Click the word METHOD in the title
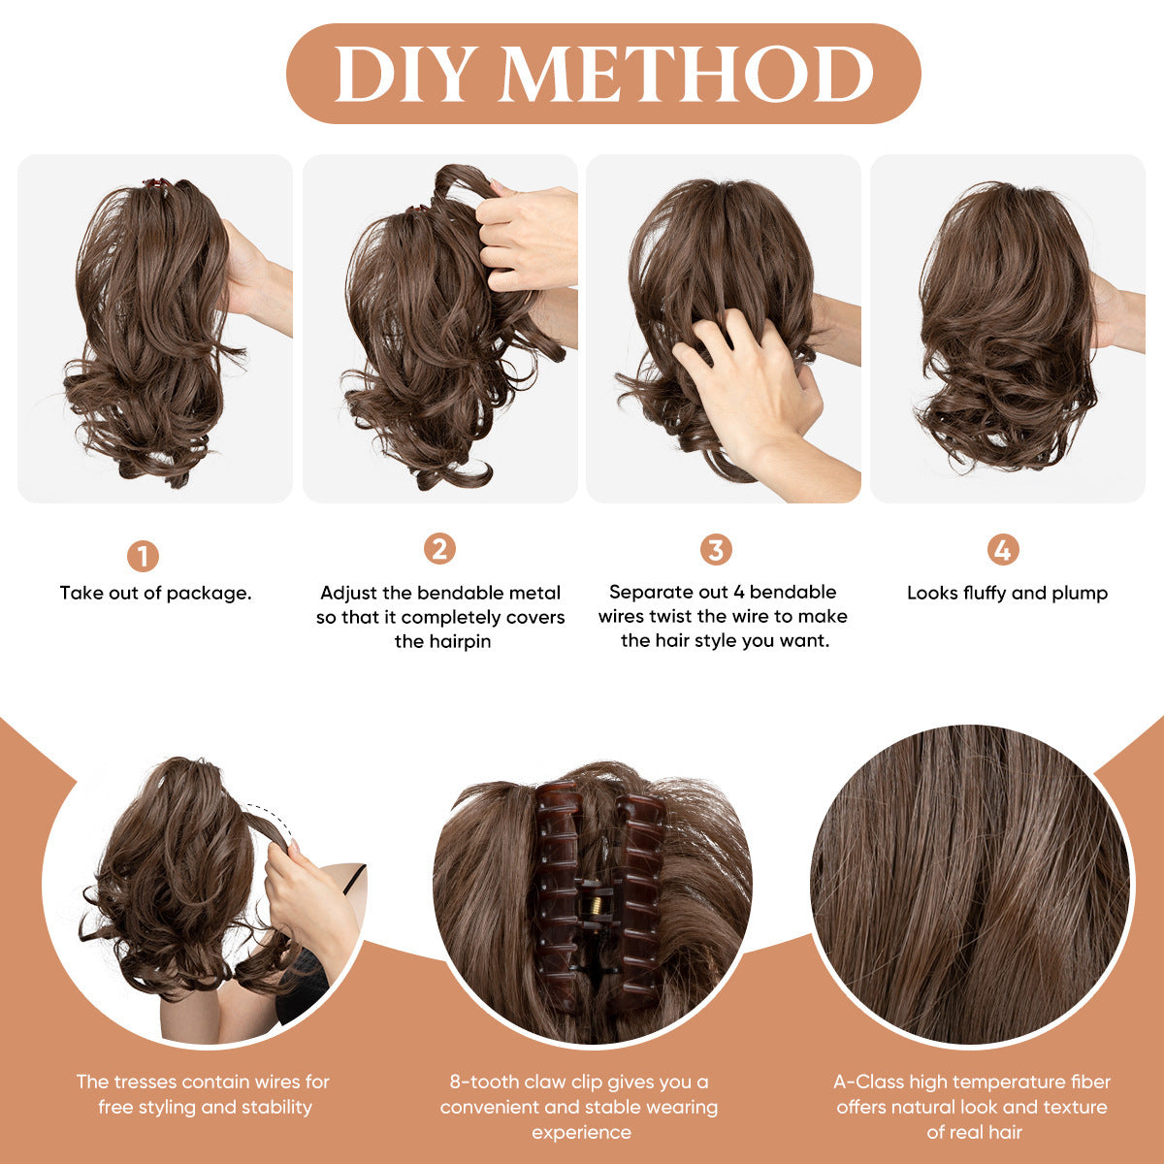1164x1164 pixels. click(x=686, y=75)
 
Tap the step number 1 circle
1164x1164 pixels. click(x=143, y=557)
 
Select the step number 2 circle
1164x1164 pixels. click(x=439, y=549)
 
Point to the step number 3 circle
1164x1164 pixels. click(x=716, y=550)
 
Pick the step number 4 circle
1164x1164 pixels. click(x=1003, y=550)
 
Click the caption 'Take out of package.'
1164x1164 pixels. click(x=155, y=593)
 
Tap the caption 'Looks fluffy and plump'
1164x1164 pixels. click(x=1007, y=593)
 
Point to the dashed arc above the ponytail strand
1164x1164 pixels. click(x=267, y=811)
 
